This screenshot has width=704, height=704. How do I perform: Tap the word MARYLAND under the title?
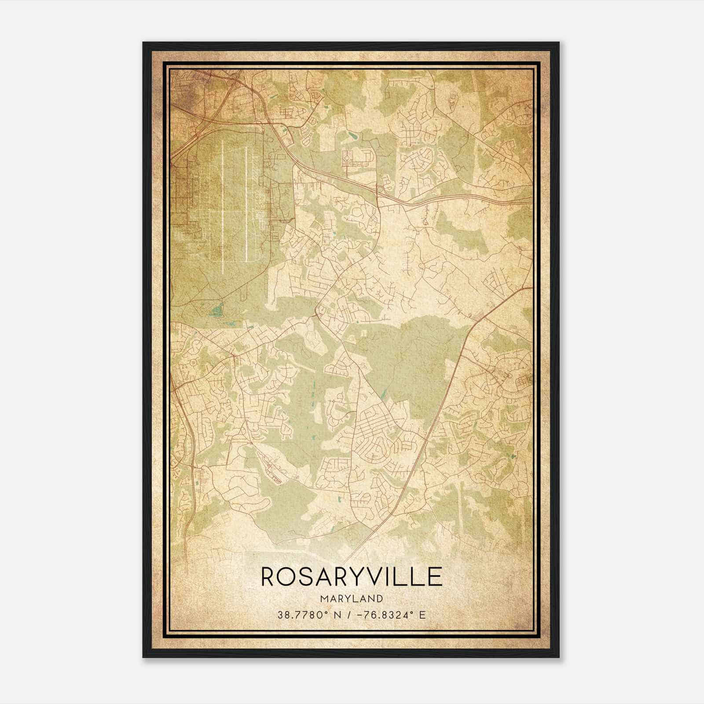click(352, 598)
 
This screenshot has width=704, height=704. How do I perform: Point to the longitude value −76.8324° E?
click(392, 615)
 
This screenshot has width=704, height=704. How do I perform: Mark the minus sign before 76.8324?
click(361, 615)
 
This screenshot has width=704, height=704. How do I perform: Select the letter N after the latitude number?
click(338, 615)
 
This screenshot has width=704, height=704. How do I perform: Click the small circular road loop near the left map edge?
click(192, 363)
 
